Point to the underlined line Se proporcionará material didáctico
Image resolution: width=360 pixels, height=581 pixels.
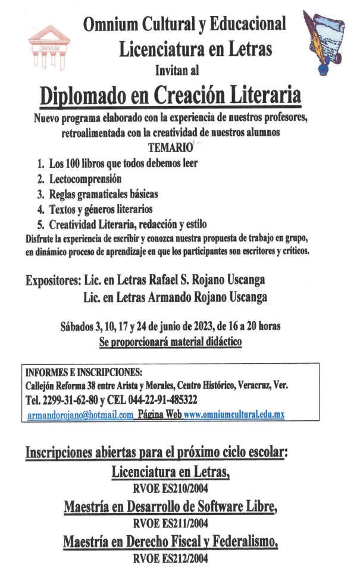point(170,342)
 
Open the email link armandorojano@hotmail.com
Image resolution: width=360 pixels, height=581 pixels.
point(80,416)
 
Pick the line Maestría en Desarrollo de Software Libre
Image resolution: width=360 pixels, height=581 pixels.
point(170,507)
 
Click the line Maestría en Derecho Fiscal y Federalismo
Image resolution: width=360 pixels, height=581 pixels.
point(170,542)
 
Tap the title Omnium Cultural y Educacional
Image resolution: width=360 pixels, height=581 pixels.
point(184,24)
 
